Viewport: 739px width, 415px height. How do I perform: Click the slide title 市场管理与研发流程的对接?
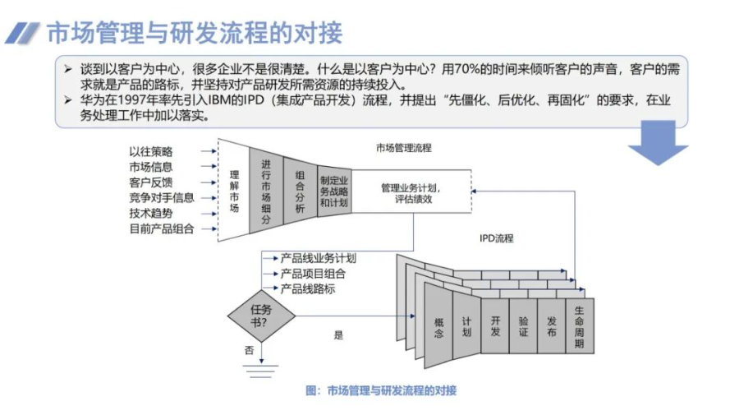194,33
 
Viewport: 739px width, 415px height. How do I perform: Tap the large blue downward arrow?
657,149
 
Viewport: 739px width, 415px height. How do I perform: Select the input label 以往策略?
151,152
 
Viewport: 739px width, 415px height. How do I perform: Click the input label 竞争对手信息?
162,197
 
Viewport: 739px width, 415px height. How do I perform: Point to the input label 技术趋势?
151,213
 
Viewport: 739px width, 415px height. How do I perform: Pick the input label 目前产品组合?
162,228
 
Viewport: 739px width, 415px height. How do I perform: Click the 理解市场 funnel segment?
234,191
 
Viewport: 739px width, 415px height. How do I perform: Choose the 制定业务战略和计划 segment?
334,191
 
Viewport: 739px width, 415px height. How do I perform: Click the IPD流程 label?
497,239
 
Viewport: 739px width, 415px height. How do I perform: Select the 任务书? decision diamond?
260,316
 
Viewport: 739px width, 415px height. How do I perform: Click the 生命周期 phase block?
580,326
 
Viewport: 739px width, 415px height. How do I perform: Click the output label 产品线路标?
308,289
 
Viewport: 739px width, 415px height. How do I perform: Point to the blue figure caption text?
380,390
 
